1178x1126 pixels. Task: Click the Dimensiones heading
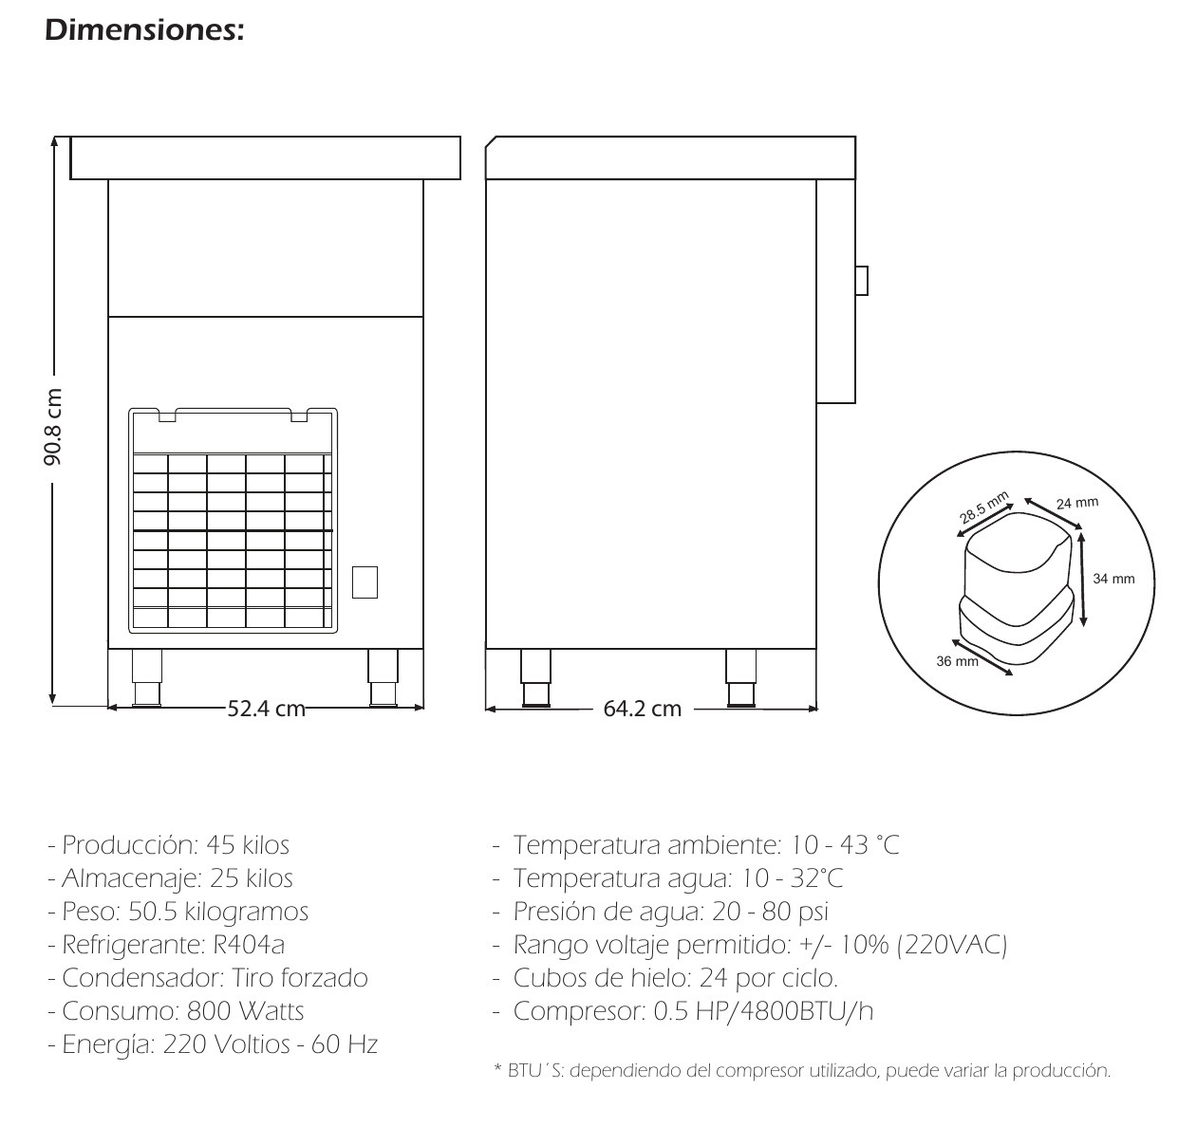(x=144, y=30)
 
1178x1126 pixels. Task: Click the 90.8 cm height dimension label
(x=53, y=427)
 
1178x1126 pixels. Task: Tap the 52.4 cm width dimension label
(x=267, y=709)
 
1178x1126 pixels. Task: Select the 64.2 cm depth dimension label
(x=643, y=709)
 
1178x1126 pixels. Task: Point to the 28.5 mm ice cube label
(x=984, y=508)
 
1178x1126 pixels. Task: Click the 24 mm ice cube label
(x=1077, y=503)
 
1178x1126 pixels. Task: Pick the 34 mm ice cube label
(x=1113, y=579)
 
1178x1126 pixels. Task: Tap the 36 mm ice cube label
(x=957, y=661)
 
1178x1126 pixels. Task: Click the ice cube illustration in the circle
(x=1017, y=587)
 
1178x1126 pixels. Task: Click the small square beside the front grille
(x=365, y=582)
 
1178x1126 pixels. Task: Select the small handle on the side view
(x=861, y=281)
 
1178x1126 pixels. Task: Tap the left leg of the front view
(x=147, y=677)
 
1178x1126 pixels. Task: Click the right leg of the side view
(x=741, y=677)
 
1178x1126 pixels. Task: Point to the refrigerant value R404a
(x=249, y=945)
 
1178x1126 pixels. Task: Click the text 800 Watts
(x=246, y=1011)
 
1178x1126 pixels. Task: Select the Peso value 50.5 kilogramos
(x=218, y=913)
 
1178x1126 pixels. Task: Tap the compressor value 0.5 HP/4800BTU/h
(x=764, y=1011)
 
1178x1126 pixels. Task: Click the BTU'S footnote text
(x=803, y=1071)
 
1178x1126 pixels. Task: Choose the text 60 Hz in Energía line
(x=345, y=1044)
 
